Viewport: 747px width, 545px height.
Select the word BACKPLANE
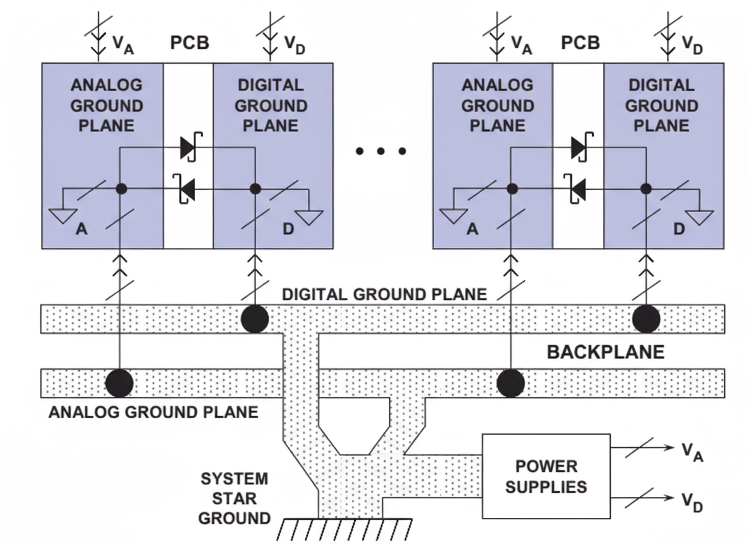point(605,351)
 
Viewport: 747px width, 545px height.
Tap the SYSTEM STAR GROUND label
point(234,498)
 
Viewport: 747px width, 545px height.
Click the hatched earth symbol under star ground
point(344,529)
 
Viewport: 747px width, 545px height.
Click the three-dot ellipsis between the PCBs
point(381,151)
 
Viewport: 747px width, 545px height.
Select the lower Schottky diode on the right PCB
point(577,187)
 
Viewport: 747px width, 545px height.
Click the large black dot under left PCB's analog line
point(119,382)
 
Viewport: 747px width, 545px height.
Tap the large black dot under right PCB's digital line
point(646,318)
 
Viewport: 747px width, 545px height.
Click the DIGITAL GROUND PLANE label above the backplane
point(384,295)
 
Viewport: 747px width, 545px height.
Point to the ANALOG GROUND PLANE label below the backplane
point(153,413)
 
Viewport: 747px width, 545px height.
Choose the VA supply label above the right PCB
point(521,44)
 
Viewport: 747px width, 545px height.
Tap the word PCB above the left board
point(190,44)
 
